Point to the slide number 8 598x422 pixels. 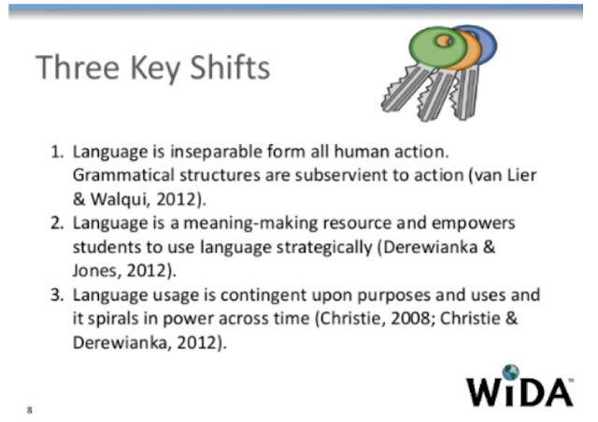[x=31, y=409]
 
